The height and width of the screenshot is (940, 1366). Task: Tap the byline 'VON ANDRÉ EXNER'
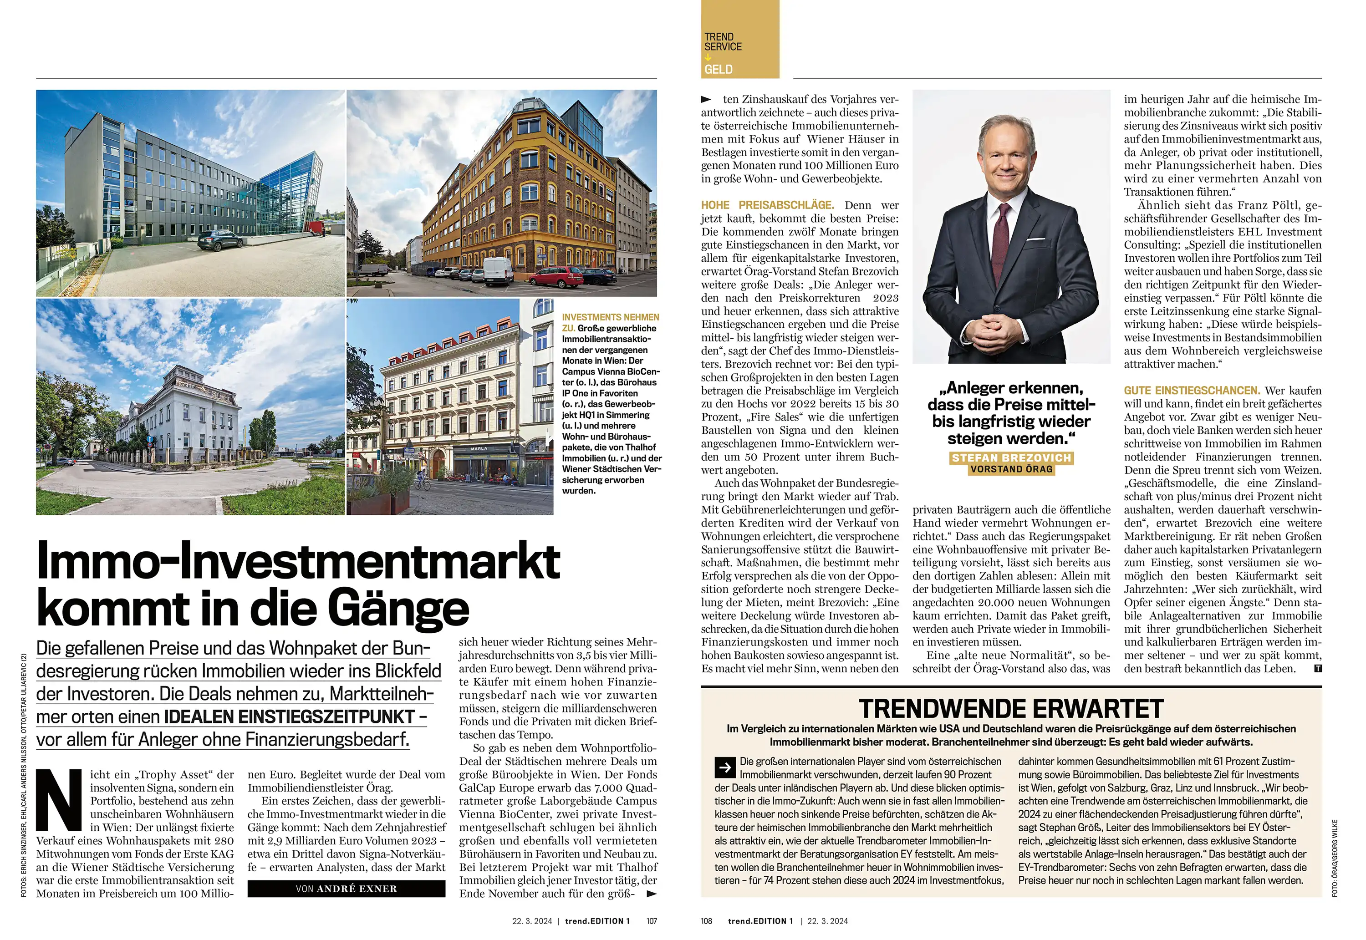coord(347,889)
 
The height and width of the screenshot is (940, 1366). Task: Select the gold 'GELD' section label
coord(718,70)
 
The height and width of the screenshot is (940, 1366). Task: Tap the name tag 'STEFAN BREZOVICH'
coord(1011,457)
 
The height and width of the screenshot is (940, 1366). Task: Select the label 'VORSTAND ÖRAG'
coord(1011,469)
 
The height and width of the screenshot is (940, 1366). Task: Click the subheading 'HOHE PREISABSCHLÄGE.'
coord(767,205)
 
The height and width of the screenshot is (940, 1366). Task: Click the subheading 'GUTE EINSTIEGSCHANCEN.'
coord(1192,391)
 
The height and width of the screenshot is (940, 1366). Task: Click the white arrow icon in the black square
coord(725,767)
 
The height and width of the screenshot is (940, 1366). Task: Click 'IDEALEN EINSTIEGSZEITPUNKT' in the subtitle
coord(289,717)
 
